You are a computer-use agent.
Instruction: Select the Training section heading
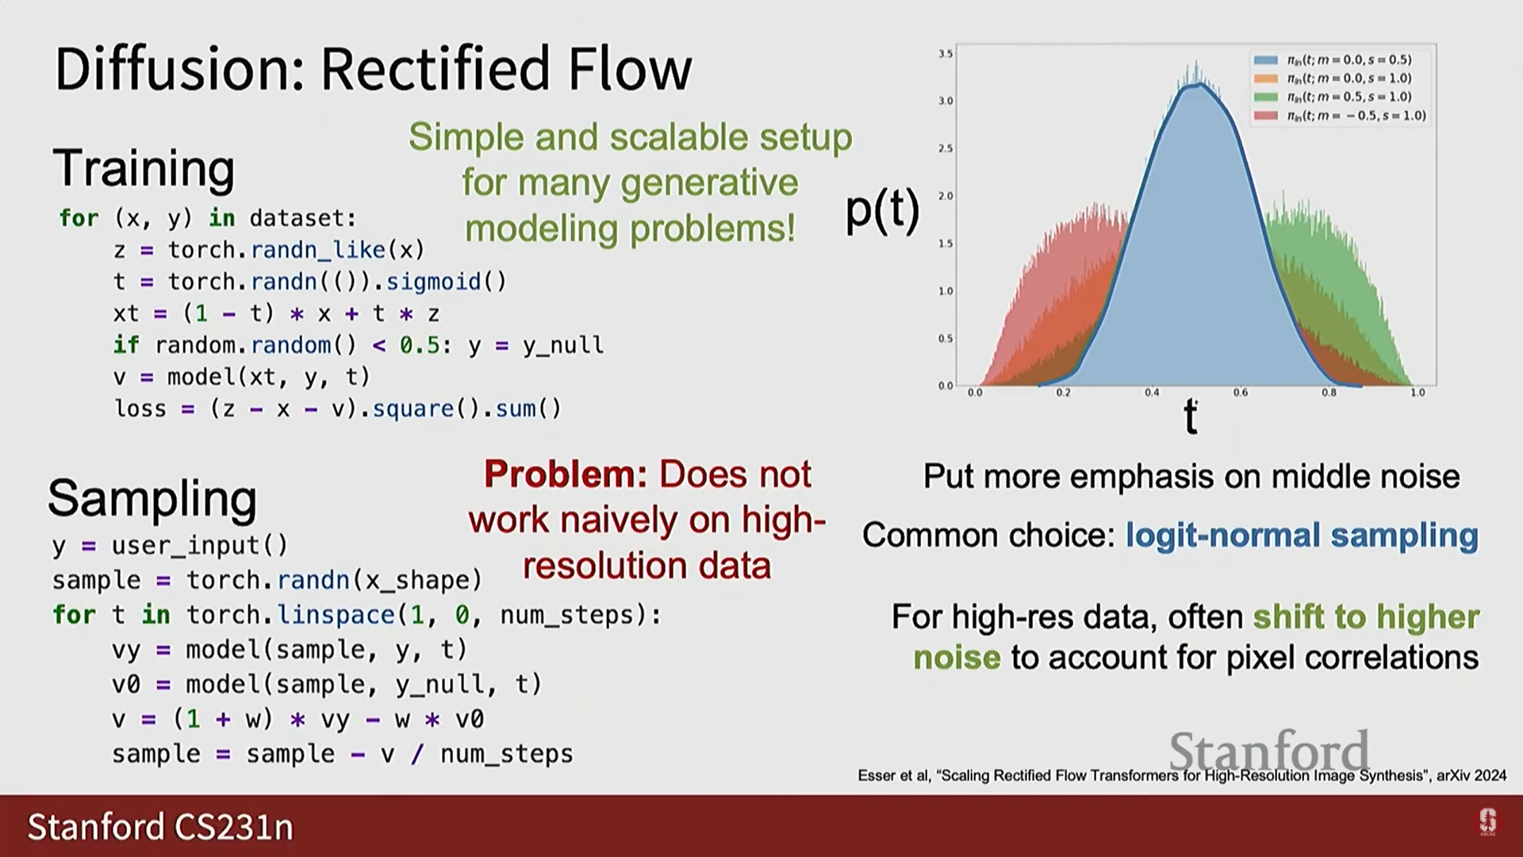tap(144, 169)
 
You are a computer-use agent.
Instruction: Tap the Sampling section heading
tap(152, 499)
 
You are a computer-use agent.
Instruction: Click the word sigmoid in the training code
tap(434, 282)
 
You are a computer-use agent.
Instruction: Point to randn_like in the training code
tap(319, 250)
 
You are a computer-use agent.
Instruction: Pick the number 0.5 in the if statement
tap(418, 345)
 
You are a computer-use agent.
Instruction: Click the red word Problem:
tap(566, 475)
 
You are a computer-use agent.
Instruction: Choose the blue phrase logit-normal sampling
tap(1302, 536)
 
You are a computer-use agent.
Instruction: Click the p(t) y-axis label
tap(882, 210)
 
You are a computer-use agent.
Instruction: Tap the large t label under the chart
tap(1190, 416)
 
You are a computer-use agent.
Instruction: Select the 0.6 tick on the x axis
tap(1241, 393)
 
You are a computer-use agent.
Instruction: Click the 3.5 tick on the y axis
tap(946, 54)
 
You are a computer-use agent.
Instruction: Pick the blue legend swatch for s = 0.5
tap(1265, 60)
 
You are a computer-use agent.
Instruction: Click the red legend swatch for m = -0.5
tap(1265, 116)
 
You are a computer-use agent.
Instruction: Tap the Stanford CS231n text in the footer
tap(160, 827)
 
